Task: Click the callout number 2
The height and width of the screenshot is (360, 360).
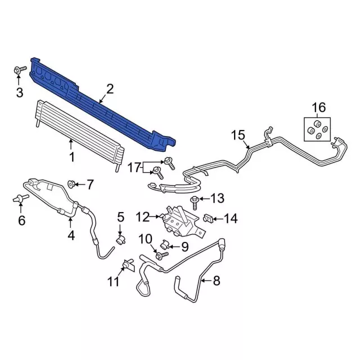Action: (110, 89)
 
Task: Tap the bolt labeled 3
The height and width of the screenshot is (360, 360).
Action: (20, 70)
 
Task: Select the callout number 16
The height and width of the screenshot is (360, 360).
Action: (319, 107)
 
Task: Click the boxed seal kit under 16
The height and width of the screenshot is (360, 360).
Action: (317, 129)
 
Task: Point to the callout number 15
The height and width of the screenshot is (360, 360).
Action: (238, 135)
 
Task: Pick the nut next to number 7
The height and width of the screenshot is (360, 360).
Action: (70, 184)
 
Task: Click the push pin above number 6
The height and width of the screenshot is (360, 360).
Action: (21, 199)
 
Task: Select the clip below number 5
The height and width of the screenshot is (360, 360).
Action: (121, 240)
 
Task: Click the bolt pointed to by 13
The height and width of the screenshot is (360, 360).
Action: (194, 202)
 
